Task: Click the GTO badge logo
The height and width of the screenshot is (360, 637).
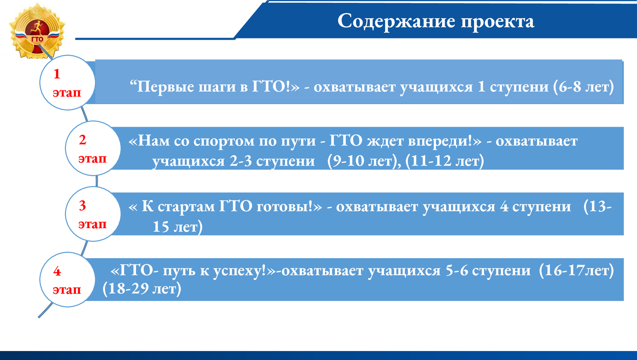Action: pos(37,31)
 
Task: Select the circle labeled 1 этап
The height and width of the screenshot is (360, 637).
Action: pos(67,82)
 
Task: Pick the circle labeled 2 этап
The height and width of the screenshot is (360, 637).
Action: pos(93,148)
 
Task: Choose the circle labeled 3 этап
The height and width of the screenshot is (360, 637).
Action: pos(93,214)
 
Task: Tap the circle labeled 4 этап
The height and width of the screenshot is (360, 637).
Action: pos(67,279)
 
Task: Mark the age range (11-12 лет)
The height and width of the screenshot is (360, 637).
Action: pos(444,161)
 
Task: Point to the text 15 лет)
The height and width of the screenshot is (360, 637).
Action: pos(177,227)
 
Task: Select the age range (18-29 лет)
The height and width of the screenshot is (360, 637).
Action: pos(142,289)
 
